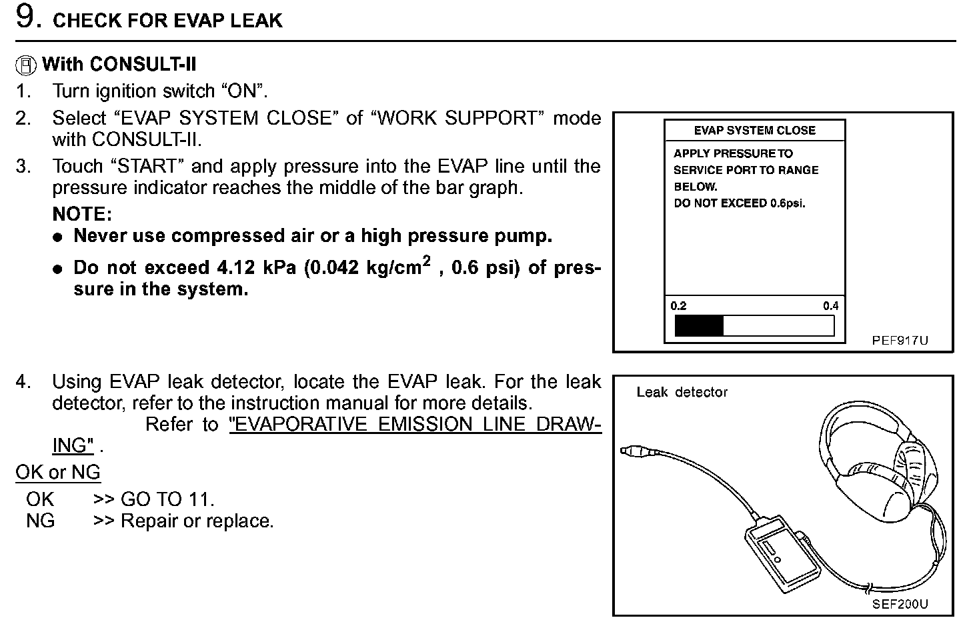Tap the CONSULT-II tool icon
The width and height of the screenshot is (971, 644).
coord(26,65)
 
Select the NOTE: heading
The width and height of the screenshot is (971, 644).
coord(82,214)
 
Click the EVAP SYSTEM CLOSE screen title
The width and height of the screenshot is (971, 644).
coord(754,131)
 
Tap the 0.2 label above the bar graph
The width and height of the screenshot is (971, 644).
coord(678,306)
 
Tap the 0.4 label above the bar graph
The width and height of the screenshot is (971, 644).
coord(830,306)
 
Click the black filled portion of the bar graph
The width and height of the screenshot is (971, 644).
coord(699,326)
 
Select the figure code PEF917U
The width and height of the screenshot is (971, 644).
coord(900,341)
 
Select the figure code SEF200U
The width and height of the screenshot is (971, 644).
coord(900,604)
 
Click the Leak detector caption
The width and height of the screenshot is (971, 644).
coord(682,392)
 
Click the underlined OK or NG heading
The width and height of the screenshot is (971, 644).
coord(58,473)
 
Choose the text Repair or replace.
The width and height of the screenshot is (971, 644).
coord(197,521)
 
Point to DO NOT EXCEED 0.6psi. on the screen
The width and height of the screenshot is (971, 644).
coord(740,203)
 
